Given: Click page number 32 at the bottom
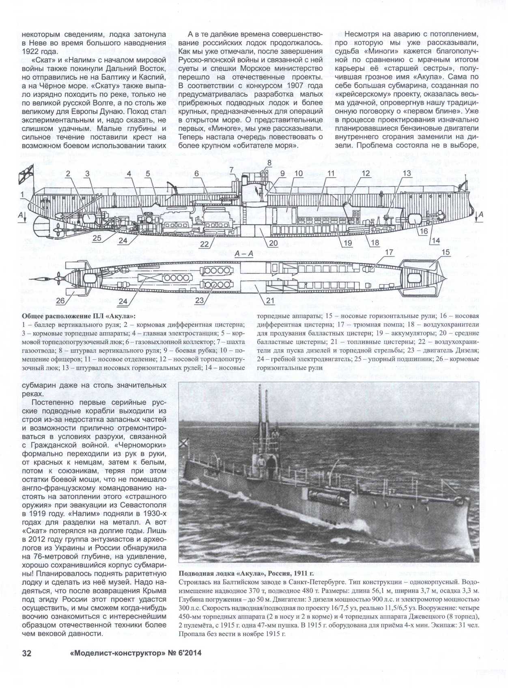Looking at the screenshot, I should coord(26,653).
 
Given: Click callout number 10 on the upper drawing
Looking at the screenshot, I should coord(298,174).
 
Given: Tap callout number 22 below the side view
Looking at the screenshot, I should coord(204,244).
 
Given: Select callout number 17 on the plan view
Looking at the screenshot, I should coord(389,252).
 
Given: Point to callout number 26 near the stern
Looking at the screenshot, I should coord(60,301).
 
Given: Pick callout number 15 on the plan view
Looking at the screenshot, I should coord(445,252).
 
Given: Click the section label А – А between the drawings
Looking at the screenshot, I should coord(244,253).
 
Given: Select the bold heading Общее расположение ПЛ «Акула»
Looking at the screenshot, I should coord(78,316).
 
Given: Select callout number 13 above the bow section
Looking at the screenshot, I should coord(407,174).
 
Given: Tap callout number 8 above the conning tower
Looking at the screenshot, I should coord(268,163).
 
